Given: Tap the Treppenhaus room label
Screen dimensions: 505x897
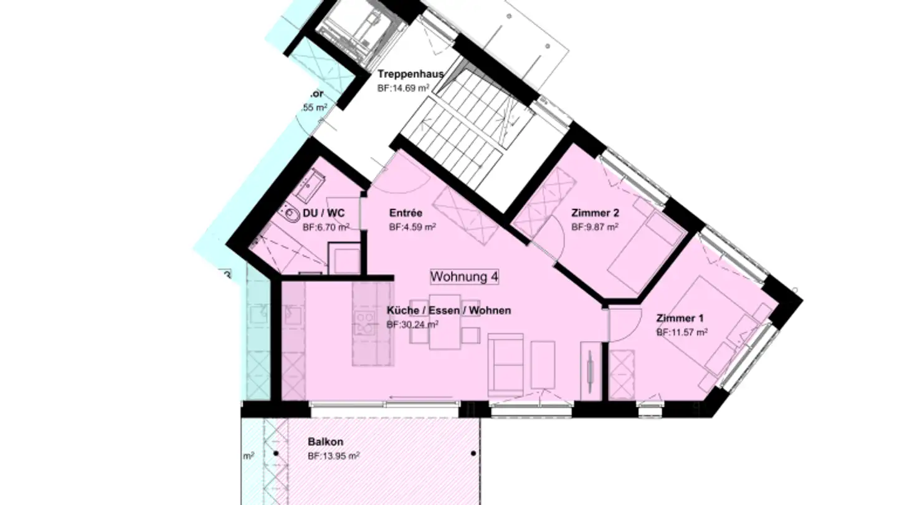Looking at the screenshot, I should click(411, 74).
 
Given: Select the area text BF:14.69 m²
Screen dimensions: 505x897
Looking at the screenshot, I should click(403, 89).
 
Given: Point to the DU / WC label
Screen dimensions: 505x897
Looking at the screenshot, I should click(324, 213).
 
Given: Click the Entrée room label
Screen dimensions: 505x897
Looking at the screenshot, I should click(406, 213).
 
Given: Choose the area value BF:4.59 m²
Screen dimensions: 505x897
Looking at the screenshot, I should click(412, 227).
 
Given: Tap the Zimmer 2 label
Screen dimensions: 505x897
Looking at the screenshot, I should click(595, 213).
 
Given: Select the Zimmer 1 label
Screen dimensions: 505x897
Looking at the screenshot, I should click(680, 319).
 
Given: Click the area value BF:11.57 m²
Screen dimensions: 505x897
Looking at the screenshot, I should click(681, 333).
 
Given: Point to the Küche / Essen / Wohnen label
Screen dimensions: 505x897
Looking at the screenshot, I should click(448, 310).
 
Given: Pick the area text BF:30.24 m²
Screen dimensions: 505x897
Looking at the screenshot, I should click(412, 324).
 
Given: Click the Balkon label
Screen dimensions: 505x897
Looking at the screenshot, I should click(325, 442).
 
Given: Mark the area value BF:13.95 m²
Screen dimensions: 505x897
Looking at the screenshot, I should click(333, 456).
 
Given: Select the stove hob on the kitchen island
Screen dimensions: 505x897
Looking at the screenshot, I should click(364, 324).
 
